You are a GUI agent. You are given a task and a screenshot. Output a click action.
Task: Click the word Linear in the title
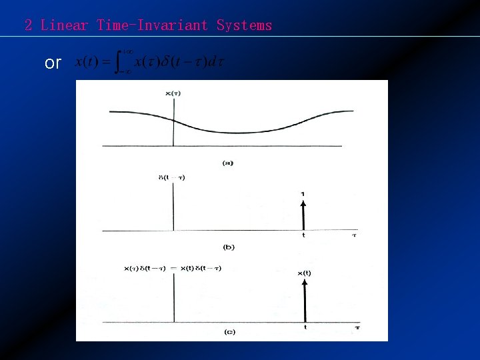[64, 26]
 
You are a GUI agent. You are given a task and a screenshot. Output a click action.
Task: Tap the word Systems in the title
[244, 26]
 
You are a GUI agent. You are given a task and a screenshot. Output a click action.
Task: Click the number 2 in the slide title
[28, 26]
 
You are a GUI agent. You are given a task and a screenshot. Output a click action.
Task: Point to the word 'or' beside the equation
[53, 63]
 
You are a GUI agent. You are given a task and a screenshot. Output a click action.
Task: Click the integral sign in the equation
[122, 63]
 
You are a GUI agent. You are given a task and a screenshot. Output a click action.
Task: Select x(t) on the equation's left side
[87, 63]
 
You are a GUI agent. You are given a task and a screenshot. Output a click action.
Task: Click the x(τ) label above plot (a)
[172, 93]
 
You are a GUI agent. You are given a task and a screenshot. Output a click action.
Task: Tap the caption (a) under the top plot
[228, 163]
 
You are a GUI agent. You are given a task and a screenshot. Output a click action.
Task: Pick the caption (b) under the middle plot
[228, 247]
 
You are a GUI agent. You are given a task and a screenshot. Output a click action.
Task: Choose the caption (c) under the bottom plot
[229, 331]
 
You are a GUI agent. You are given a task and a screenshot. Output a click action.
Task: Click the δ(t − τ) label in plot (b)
[172, 177]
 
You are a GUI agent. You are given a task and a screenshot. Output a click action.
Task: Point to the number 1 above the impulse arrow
[303, 194]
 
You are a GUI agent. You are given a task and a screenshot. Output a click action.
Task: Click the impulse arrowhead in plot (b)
[303, 203]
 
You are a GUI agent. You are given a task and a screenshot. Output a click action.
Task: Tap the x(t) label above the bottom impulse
[304, 273]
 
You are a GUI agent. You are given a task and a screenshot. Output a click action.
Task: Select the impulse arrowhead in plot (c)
[305, 283]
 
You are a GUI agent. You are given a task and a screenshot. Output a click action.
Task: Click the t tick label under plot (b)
[304, 235]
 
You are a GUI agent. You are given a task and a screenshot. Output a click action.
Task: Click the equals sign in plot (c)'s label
[173, 268]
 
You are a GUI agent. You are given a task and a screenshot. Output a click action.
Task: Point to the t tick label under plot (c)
[305, 327]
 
